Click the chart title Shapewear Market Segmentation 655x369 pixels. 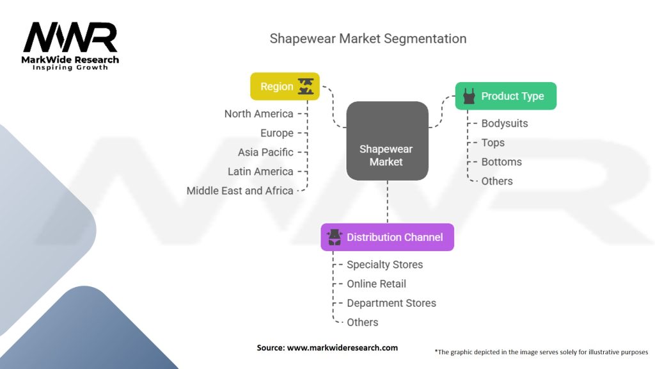coord(368,38)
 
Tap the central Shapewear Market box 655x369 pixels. coord(387,141)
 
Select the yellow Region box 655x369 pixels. coord(285,86)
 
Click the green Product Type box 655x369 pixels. coord(505,96)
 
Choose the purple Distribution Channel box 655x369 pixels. coord(387,237)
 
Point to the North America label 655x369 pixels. coord(258,114)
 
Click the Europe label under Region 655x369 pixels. coord(276,133)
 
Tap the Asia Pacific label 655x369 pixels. coord(265,152)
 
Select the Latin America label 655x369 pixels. coord(260,172)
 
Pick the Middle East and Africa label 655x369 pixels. coord(240,191)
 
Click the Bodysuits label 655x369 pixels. coord(505,124)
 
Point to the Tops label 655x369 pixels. coord(493,143)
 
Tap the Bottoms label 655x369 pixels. coord(501,162)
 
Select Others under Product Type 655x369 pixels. coord(497,181)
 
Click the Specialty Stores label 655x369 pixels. coord(384,265)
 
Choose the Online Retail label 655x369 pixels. coord(376,284)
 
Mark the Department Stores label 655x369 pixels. coord(391,303)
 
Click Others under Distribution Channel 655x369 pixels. coord(362,322)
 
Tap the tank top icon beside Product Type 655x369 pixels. coord(469,96)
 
